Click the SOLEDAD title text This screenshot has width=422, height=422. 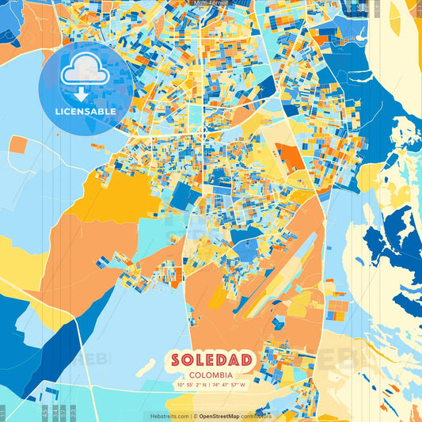tap(211, 360)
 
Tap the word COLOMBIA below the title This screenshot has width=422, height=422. tap(211, 374)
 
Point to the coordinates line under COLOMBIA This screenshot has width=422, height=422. tap(211, 385)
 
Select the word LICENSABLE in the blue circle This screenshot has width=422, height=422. tap(86, 112)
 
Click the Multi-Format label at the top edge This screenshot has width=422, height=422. tap(211, 3)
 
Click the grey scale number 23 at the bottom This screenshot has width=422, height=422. tap(72, 411)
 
